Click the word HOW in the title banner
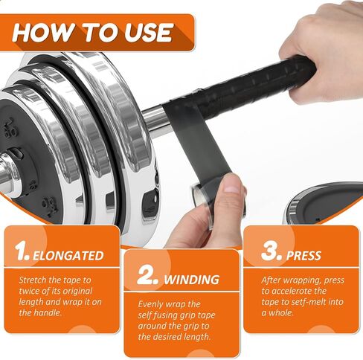[x=43, y=33]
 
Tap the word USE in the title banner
[x=148, y=33]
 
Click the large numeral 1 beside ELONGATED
[x=22, y=251]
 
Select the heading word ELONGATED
[x=68, y=256]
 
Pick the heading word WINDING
[x=192, y=280]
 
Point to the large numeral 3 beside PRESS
[x=271, y=251]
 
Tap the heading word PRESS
[x=303, y=256]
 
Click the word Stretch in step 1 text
[x=33, y=280]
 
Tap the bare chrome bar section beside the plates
[x=154, y=120]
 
